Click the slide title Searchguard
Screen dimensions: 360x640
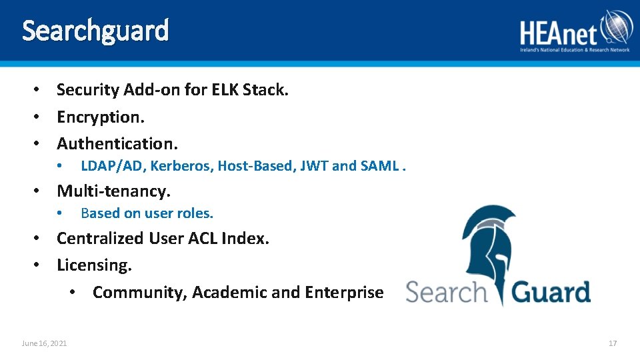pos(95,31)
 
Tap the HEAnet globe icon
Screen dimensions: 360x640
pos(616,28)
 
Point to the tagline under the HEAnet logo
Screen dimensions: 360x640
pos(575,50)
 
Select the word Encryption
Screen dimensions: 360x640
pos(100,117)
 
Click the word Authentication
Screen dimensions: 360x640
pos(117,143)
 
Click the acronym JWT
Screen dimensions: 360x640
pos(313,166)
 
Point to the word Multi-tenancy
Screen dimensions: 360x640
pos(113,191)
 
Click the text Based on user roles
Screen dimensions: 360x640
pos(147,213)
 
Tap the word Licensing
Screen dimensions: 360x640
pos(94,265)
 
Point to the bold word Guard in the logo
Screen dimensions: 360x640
pos(551,293)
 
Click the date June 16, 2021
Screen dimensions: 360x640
pos(44,343)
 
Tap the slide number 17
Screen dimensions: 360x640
pos(613,343)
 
